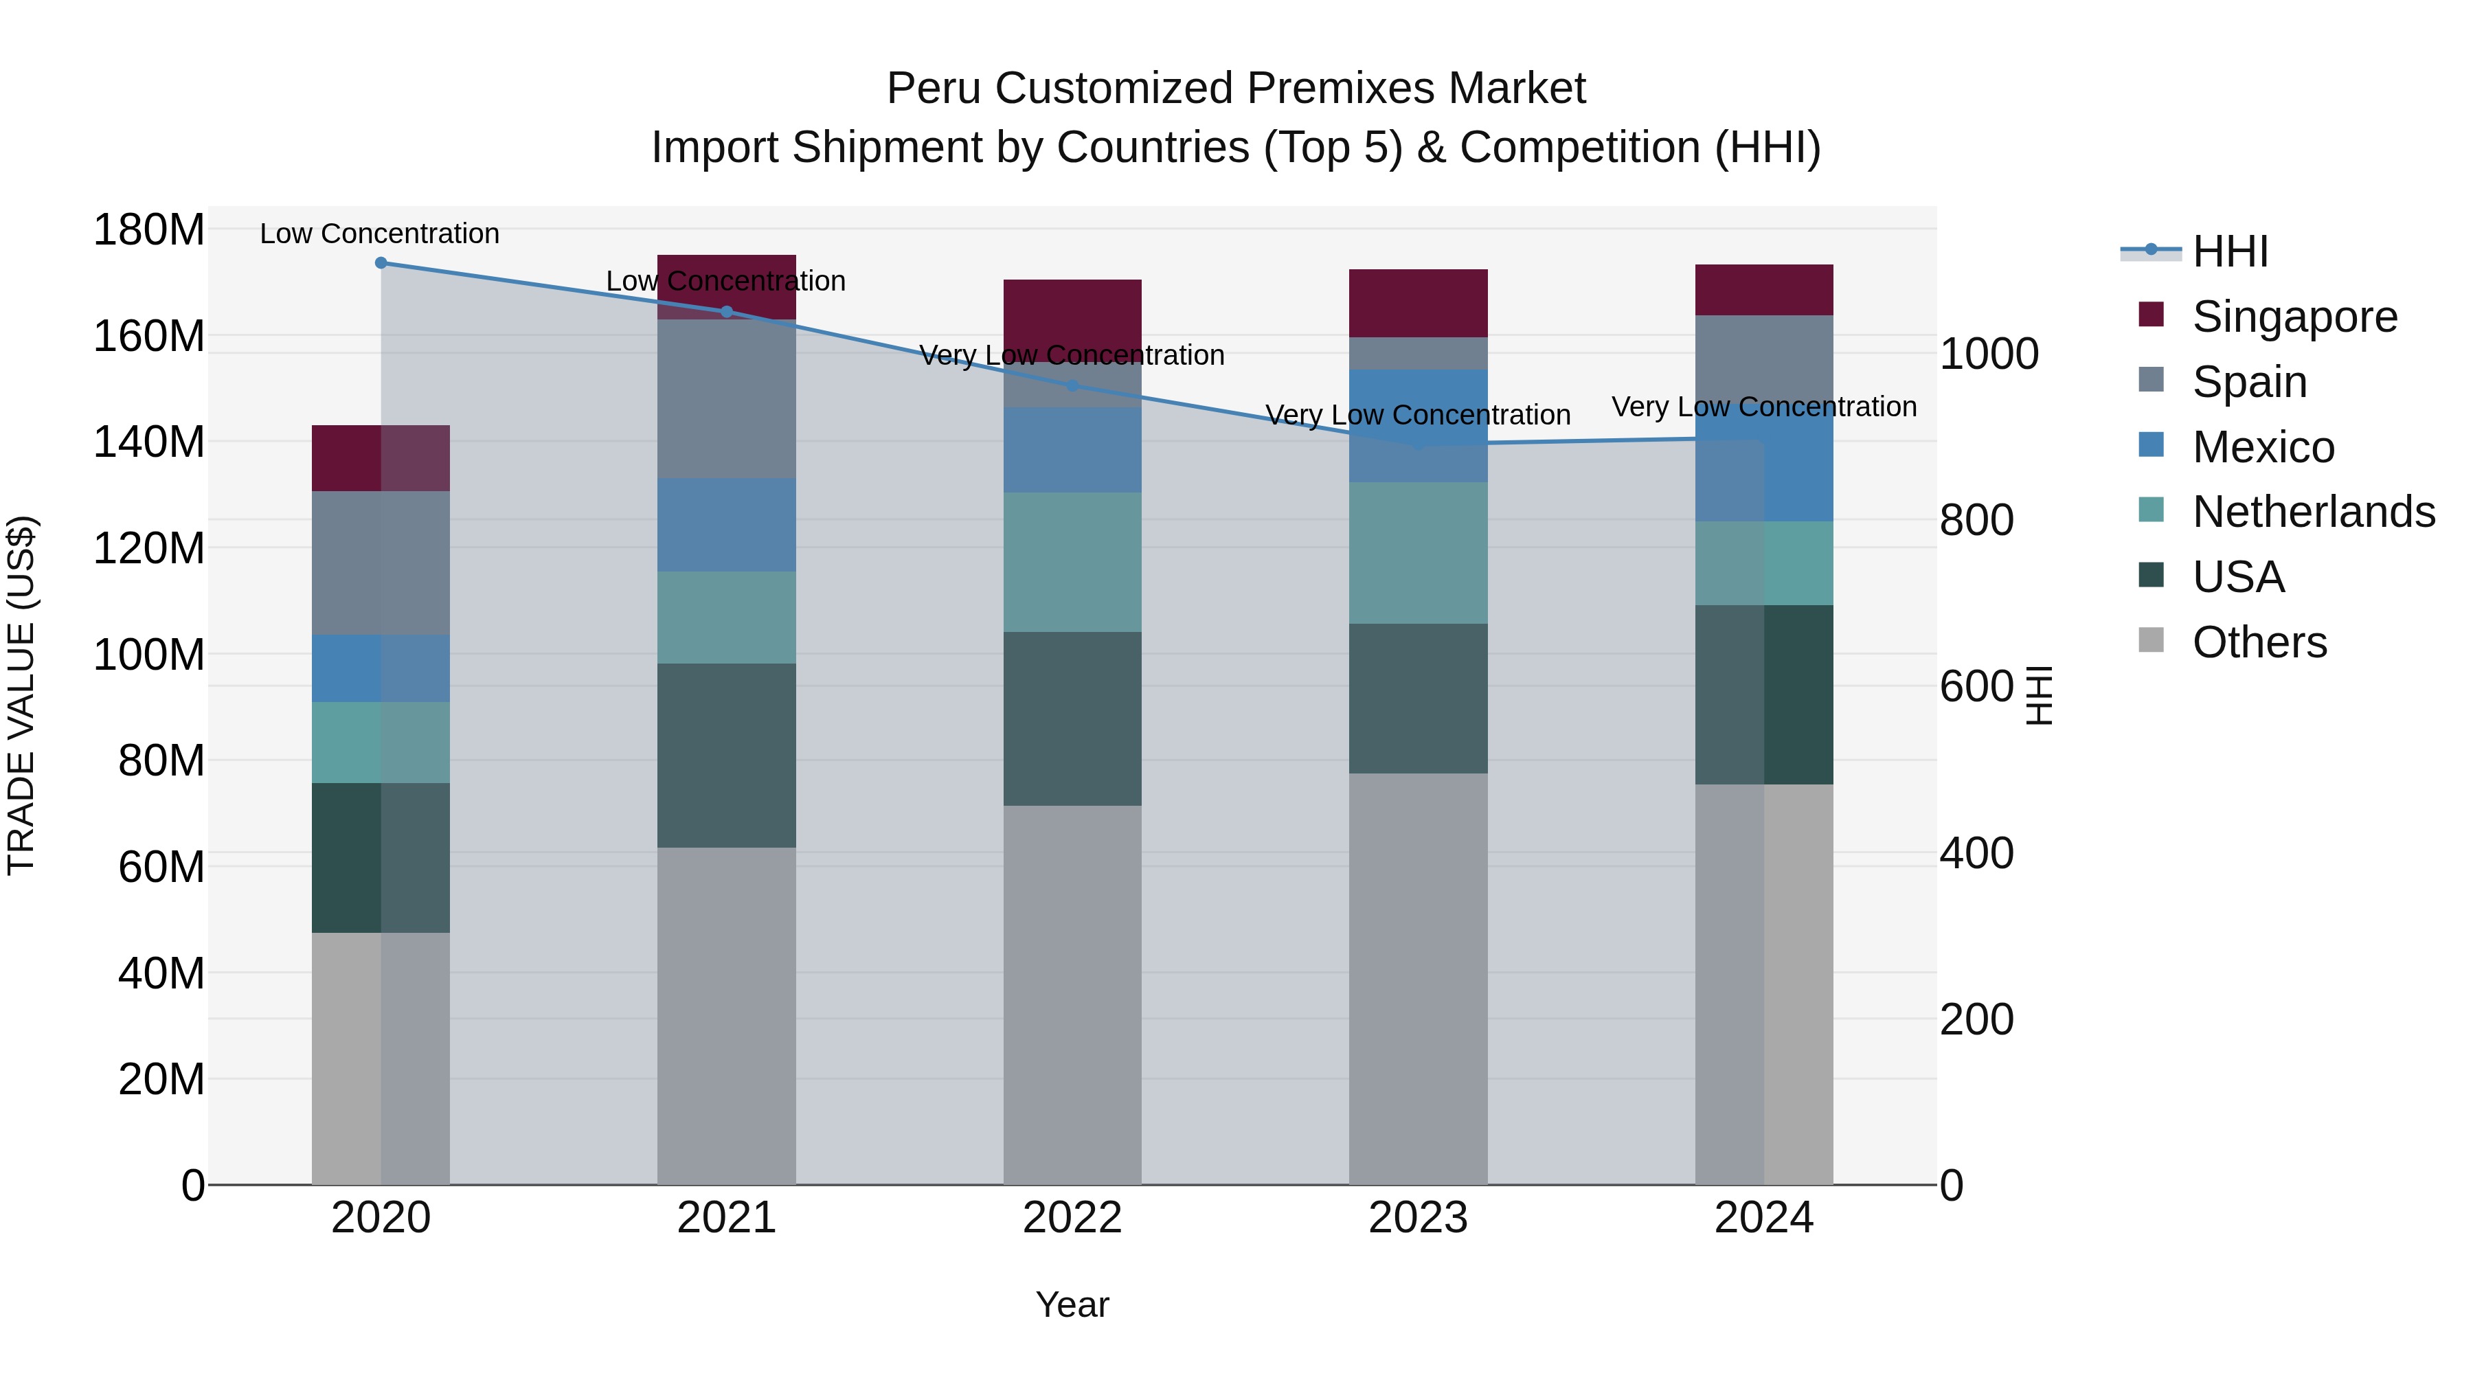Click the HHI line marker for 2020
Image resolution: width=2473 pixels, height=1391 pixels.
coord(381,262)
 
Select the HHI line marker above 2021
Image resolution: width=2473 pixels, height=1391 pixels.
coord(727,311)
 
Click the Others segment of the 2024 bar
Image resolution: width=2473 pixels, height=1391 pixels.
coord(1765,984)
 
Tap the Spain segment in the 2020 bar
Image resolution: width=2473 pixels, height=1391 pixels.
coord(381,563)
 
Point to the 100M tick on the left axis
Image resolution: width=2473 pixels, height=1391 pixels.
coord(149,655)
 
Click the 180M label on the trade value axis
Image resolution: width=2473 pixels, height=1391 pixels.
coord(149,230)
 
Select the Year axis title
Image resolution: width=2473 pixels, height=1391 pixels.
coord(1072,1304)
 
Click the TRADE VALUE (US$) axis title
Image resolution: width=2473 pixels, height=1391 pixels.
coord(21,695)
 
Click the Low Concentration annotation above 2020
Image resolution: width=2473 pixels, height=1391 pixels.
coord(379,234)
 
